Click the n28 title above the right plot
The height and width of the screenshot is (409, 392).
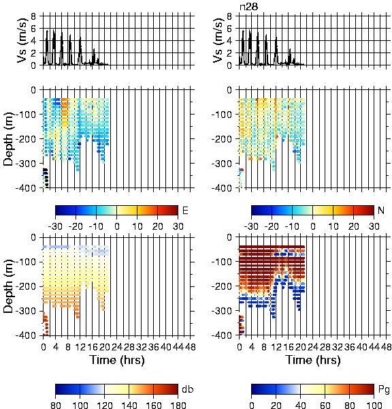pyautogui.click(x=249, y=7)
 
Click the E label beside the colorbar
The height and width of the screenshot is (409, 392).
pyautogui.click(x=185, y=210)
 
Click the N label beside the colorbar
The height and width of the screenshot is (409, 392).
pyautogui.click(x=381, y=210)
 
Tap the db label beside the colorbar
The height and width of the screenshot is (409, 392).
pyautogui.click(x=188, y=389)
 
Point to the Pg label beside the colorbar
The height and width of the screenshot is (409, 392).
pyautogui.click(x=384, y=390)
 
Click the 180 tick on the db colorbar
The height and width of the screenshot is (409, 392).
pyautogui.click(x=178, y=405)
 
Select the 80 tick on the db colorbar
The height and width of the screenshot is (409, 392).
pyautogui.click(x=56, y=405)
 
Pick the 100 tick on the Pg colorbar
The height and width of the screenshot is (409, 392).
pyautogui.click(x=374, y=405)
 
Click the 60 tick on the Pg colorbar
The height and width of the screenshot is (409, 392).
pyautogui.click(x=325, y=405)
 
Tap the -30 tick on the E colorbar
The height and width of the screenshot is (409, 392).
pyautogui.click(x=55, y=226)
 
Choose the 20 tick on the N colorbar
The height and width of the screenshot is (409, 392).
pyautogui.click(x=353, y=226)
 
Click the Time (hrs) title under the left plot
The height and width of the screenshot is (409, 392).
pyautogui.click(x=117, y=360)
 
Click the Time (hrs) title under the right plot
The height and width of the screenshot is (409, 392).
pyautogui.click(x=313, y=360)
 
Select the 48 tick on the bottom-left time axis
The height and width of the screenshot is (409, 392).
pyautogui.click(x=191, y=347)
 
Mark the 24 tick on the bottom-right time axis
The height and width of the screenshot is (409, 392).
pyautogui.click(x=312, y=347)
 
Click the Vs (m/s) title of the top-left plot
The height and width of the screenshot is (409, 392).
pyautogui.click(x=22, y=40)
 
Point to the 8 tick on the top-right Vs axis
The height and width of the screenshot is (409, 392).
pyautogui.click(x=229, y=16)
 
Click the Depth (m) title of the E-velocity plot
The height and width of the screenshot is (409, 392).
pyautogui.click(x=8, y=139)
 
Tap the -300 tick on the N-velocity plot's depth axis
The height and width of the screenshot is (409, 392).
pyautogui.click(x=221, y=164)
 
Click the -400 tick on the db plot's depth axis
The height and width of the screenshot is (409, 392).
pyautogui.click(x=26, y=335)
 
